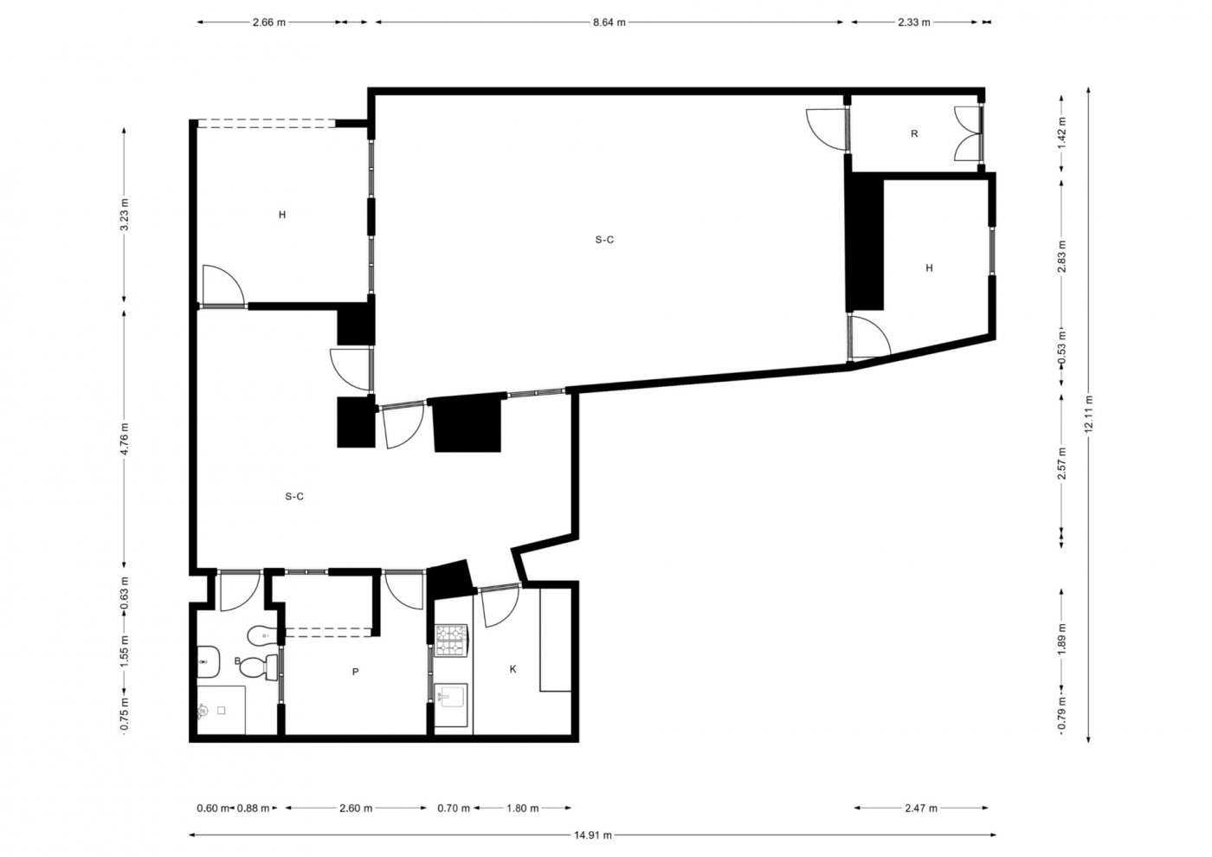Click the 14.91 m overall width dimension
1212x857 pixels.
(x=593, y=834)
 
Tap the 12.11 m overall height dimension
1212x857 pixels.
(x=1089, y=414)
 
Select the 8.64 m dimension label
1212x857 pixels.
(x=609, y=23)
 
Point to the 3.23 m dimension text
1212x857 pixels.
(x=125, y=215)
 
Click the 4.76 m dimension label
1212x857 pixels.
(x=125, y=439)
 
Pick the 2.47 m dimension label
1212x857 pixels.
(x=921, y=809)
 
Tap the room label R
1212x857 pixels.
(x=914, y=133)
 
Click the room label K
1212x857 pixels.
(x=513, y=669)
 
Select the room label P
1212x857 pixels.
(x=356, y=672)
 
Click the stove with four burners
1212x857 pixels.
(x=452, y=641)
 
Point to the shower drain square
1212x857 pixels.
(x=222, y=711)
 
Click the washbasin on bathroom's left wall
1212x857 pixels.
(x=208, y=661)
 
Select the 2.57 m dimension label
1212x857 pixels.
(x=1062, y=463)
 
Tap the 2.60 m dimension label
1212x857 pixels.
(x=356, y=809)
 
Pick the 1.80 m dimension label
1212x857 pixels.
(x=523, y=809)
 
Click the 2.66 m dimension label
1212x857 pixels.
(x=269, y=23)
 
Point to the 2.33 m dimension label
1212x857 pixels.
(x=914, y=23)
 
